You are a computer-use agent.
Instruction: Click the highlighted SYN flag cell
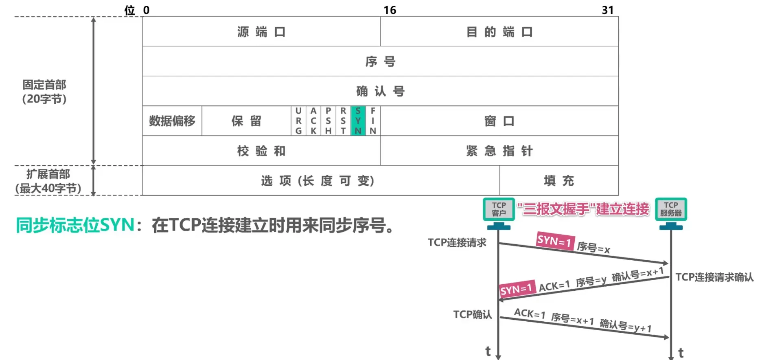pyautogui.click(x=358, y=121)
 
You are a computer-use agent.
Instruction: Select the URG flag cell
pyautogui.click(x=298, y=121)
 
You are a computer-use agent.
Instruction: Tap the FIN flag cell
pyautogui.click(x=373, y=121)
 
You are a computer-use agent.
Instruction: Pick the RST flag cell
pyautogui.click(x=343, y=121)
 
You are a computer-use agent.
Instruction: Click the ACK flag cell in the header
pyautogui.click(x=313, y=121)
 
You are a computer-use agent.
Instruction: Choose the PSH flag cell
pyautogui.click(x=328, y=121)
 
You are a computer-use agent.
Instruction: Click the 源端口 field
pyautogui.click(x=261, y=32)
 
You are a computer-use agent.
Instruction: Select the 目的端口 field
pyautogui.click(x=499, y=32)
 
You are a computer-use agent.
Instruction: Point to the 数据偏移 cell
pyautogui.click(x=172, y=121)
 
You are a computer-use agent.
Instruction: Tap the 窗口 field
pyautogui.click(x=499, y=121)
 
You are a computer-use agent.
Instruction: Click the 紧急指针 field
pyautogui.click(x=499, y=151)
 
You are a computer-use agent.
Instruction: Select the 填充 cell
pyautogui.click(x=558, y=180)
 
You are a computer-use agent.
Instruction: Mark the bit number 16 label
pyautogui.click(x=390, y=10)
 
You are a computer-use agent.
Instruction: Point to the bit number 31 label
pyautogui.click(x=607, y=10)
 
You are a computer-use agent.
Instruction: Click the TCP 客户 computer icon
pyautogui.click(x=499, y=212)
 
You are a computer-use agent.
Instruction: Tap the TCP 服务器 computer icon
pyautogui.click(x=671, y=212)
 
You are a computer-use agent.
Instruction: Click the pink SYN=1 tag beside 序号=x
pyautogui.click(x=554, y=241)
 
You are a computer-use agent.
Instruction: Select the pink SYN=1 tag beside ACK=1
pyautogui.click(x=516, y=290)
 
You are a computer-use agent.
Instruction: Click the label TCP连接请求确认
pyautogui.click(x=714, y=277)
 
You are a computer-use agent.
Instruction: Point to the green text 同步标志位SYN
pyautogui.click(x=75, y=225)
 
